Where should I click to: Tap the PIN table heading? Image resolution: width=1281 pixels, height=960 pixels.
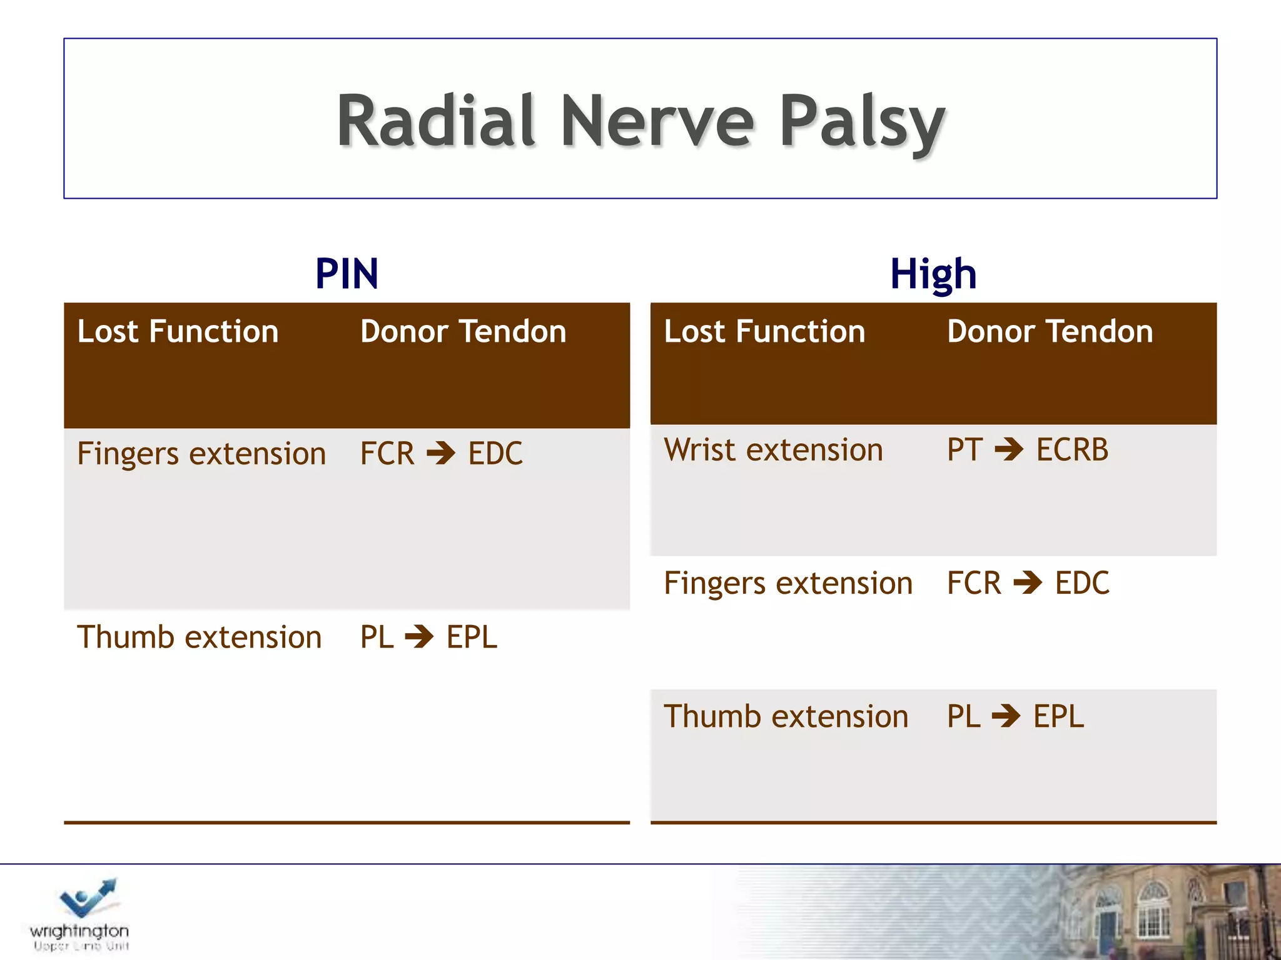tap(347, 274)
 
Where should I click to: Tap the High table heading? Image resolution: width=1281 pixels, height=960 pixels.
tap(933, 274)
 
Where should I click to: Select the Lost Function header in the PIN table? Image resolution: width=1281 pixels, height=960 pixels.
tap(178, 331)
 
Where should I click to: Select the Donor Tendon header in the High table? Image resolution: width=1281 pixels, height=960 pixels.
tap(1050, 331)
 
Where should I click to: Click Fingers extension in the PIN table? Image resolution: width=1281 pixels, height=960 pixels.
tap(201, 454)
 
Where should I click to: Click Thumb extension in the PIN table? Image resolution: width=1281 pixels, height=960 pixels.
tap(199, 637)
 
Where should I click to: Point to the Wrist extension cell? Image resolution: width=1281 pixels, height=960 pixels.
tap(773, 450)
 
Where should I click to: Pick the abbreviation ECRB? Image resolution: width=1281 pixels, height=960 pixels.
tap(1072, 450)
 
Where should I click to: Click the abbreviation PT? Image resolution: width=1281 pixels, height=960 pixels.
tap(964, 450)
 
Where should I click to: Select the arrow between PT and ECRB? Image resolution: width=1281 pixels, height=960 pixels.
tap(1009, 449)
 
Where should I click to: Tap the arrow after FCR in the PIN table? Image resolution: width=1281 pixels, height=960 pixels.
tap(442, 454)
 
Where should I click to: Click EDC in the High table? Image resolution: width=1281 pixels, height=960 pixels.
tap(1082, 583)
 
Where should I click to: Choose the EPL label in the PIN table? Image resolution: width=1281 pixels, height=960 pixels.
tap(472, 637)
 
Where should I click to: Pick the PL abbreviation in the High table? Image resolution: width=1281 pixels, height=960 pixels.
tap(963, 716)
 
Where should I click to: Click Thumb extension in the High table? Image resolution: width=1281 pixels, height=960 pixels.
tap(786, 716)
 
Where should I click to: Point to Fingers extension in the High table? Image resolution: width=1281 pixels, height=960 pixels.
tap(788, 583)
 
